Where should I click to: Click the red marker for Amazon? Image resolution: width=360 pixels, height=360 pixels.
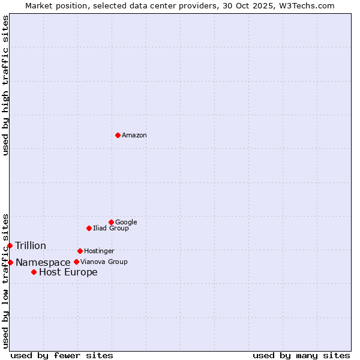(118, 135)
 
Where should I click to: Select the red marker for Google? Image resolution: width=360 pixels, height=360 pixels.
(111, 222)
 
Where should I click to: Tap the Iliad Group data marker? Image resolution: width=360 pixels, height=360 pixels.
(89, 228)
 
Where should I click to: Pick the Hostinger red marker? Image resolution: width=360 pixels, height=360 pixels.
(80, 251)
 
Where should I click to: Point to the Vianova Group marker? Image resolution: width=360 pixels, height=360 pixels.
(76, 262)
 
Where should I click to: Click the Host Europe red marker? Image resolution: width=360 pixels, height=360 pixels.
(34, 272)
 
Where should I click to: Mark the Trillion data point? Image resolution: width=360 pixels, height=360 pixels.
(10, 245)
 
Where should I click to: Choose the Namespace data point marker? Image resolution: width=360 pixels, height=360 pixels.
(10, 262)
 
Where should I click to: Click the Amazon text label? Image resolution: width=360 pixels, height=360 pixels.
(134, 136)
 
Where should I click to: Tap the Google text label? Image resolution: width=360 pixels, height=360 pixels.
(126, 222)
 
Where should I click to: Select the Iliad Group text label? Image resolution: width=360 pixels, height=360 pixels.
(110, 228)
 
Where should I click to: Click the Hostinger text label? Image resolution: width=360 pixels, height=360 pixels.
(99, 251)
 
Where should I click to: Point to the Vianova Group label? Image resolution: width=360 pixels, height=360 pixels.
(104, 262)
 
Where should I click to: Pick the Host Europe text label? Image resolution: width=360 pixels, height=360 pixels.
(68, 272)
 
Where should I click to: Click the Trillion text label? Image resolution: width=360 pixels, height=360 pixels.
(31, 246)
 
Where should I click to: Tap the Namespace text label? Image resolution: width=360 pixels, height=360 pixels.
(43, 263)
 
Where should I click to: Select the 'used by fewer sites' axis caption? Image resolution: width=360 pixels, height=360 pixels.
(62, 355)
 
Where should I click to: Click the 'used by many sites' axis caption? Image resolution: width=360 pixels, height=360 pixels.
(301, 355)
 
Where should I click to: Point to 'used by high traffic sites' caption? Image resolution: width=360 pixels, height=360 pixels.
(6, 85)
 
